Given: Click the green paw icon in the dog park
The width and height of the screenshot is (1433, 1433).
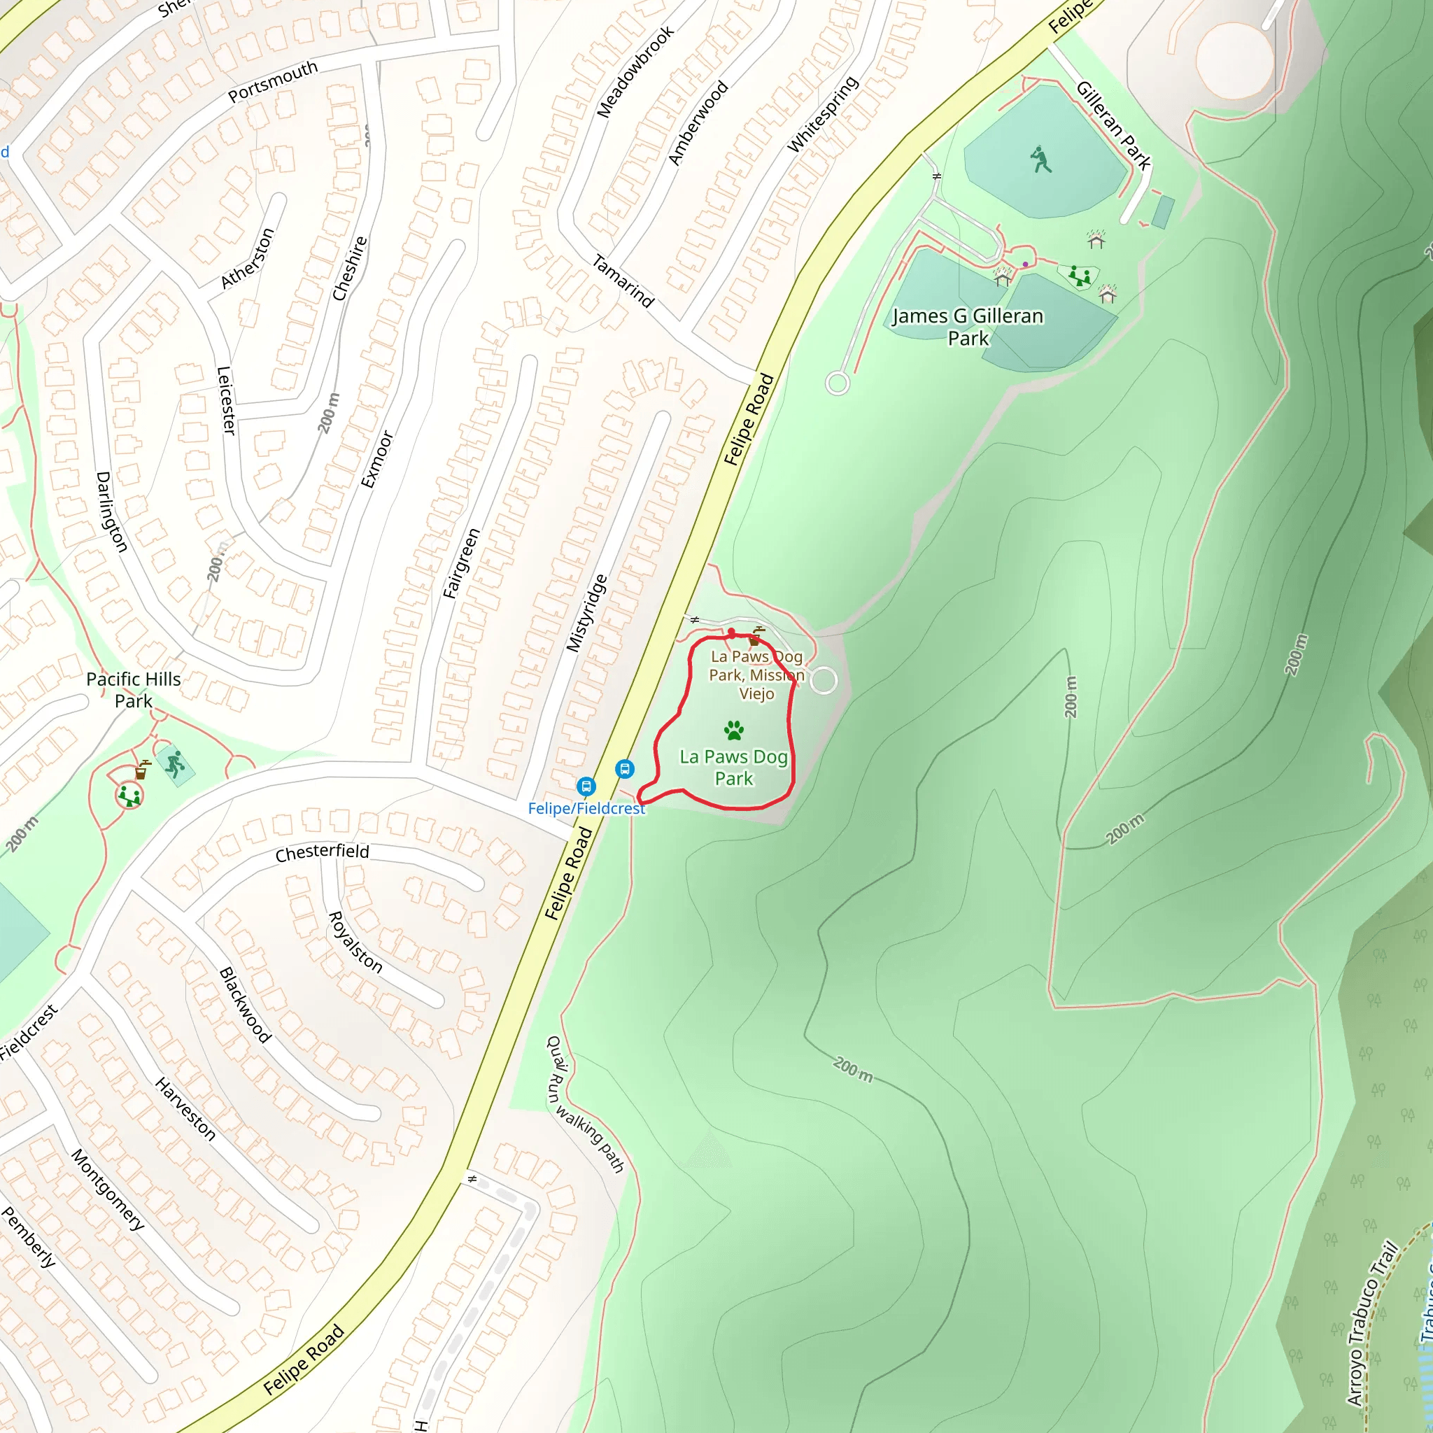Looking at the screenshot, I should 733,730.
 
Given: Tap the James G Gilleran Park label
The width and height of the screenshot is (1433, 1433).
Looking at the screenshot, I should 967,327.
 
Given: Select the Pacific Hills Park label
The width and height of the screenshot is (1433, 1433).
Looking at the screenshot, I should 134,690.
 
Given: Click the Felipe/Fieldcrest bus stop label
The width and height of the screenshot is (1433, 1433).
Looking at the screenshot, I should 586,808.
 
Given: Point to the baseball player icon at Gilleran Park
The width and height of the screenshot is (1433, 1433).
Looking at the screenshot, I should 1040,160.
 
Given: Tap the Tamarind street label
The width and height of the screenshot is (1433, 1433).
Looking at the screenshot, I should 623,281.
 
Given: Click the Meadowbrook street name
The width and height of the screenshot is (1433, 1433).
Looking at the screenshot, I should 635,72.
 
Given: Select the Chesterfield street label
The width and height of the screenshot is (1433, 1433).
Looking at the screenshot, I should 322,852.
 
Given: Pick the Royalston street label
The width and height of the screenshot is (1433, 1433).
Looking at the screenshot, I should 355,943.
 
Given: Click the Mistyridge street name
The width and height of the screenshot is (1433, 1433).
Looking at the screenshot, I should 586,614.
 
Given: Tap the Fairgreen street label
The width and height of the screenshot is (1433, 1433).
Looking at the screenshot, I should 461,563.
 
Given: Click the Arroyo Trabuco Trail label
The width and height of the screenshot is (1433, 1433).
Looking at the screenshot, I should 1371,1323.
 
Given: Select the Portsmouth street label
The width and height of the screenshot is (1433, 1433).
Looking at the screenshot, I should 272,81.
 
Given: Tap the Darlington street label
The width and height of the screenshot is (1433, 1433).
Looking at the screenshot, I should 112,511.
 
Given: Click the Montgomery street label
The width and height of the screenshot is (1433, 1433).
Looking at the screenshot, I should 108,1190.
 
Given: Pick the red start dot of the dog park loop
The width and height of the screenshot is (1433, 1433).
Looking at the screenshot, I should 731,633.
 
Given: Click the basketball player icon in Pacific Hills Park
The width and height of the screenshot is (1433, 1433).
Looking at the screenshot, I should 175,763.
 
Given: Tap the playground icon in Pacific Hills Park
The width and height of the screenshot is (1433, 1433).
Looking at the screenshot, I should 130,796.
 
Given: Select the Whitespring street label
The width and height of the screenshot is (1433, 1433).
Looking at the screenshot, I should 822,114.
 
